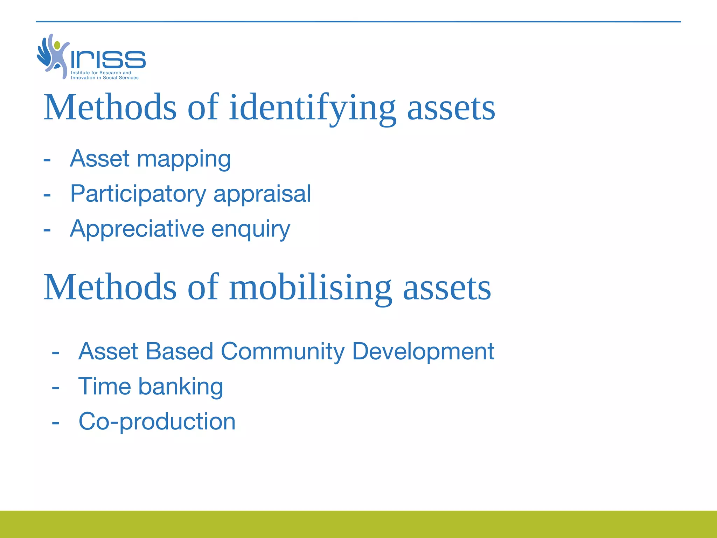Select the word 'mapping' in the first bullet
184,159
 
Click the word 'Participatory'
138,194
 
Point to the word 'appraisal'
262,194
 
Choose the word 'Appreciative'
137,229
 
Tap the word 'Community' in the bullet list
283,351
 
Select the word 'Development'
423,352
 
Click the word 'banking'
181,387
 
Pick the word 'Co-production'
157,422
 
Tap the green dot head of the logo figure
57,45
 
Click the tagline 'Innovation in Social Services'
105,78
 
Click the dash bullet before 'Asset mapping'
47,160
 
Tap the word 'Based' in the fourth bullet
179,351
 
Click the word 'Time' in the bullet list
104,387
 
